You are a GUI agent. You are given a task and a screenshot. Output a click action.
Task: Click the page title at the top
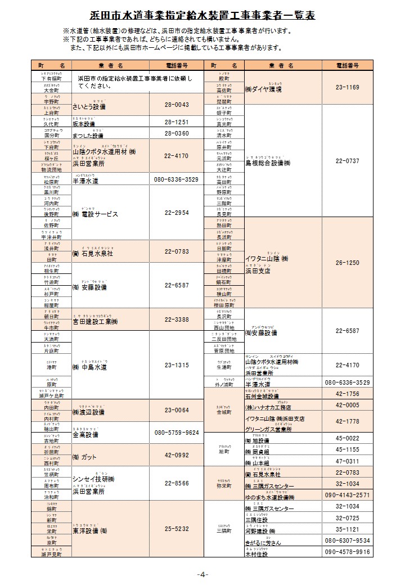pos(202,13)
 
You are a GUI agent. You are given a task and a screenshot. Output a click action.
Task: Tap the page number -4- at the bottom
pos(202,574)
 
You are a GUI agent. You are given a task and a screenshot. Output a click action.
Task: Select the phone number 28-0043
pos(177,105)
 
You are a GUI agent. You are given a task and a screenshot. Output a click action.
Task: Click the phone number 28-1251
pos(177,122)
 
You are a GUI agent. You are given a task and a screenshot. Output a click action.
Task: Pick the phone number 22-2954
pos(177,213)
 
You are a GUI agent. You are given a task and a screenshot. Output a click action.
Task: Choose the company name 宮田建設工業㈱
pos(94,322)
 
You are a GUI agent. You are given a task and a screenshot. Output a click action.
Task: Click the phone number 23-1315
pos(177,365)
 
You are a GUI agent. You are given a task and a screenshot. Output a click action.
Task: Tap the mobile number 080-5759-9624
pos(177,433)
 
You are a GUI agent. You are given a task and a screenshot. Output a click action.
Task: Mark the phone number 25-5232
pos(177,529)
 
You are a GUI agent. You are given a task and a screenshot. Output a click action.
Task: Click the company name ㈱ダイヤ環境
pos(263,89)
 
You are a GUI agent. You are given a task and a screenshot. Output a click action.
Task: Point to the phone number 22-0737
pos(347,161)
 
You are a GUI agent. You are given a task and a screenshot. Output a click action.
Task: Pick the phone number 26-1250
pos(347,263)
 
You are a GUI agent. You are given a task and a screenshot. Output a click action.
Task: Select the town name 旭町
pos(224,452)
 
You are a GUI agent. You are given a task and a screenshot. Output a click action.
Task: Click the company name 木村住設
pos(256,554)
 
